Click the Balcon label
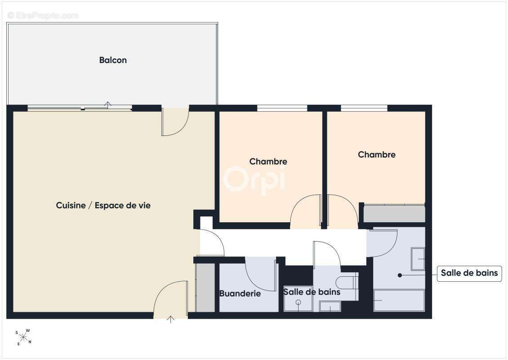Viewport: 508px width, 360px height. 113,60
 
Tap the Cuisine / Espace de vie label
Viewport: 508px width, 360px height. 103,205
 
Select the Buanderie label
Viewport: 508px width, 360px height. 240,293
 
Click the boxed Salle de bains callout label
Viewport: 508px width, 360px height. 469,273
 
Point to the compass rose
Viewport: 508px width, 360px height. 23,337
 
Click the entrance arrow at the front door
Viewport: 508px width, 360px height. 170,319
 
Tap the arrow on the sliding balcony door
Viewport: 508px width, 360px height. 108,104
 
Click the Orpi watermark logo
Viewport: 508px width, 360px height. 255,180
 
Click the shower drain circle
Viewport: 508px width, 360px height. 299,302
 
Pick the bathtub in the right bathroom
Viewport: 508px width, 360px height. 399,300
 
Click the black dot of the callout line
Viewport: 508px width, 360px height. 400,275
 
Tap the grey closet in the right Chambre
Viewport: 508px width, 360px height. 394,214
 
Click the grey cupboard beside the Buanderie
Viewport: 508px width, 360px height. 205,288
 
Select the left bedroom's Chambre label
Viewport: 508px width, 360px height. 268,162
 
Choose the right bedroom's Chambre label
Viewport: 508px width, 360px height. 376,155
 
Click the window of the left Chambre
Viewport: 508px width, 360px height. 282,108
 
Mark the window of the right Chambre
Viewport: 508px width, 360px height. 364,108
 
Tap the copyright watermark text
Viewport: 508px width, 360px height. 43,15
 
